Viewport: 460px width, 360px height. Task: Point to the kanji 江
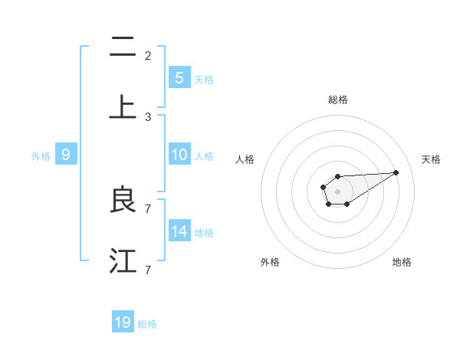tap(123, 261)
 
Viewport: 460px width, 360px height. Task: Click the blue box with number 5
tap(179, 77)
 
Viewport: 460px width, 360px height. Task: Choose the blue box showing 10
tap(179, 154)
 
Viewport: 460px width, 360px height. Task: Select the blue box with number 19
tap(123, 322)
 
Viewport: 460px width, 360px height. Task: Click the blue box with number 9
tap(66, 155)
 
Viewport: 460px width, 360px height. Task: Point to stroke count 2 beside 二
tap(148, 56)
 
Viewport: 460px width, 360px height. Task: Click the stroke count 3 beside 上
tap(148, 116)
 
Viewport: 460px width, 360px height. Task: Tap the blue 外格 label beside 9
tap(41, 155)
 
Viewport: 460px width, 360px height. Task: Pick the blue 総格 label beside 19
tap(147, 324)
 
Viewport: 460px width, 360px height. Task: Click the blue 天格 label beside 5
tap(204, 79)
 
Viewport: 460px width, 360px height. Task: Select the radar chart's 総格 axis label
tap(338, 100)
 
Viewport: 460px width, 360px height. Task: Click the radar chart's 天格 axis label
tap(432, 159)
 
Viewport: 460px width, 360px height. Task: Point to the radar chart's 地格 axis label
tap(402, 262)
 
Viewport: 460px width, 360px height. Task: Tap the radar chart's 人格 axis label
tap(245, 159)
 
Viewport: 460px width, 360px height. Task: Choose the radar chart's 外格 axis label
tap(270, 262)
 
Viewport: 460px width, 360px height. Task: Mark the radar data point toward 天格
tap(396, 172)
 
